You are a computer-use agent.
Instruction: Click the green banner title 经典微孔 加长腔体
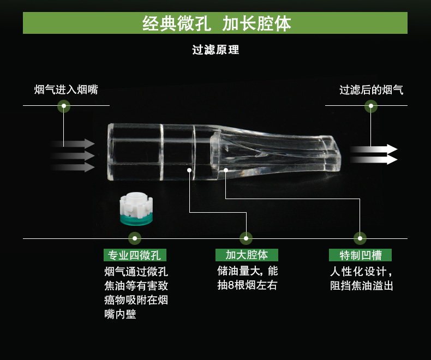coord(216,24)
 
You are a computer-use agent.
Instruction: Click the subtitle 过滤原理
coord(215,50)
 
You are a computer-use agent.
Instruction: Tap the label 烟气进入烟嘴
coord(66,90)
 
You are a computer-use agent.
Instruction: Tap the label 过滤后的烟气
coord(372,90)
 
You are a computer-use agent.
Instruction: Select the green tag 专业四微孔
coord(135,255)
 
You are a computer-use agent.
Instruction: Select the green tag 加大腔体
coord(247,255)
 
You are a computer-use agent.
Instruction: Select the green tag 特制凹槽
coord(360,255)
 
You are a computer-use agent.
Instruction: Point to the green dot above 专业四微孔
coord(135,238)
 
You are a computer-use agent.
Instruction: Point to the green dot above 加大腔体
coord(247,238)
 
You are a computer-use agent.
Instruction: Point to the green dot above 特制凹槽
coord(360,238)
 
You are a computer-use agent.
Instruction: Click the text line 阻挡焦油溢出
coord(361,285)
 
